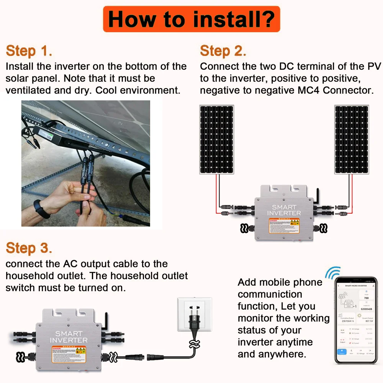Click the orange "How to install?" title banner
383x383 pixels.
point(191,19)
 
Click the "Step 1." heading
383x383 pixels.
point(29,51)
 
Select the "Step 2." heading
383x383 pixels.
point(223,51)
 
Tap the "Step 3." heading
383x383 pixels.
point(29,248)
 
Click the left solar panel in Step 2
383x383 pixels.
point(216,139)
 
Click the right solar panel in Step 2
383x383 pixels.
point(352,139)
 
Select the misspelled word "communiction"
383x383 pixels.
point(270,294)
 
